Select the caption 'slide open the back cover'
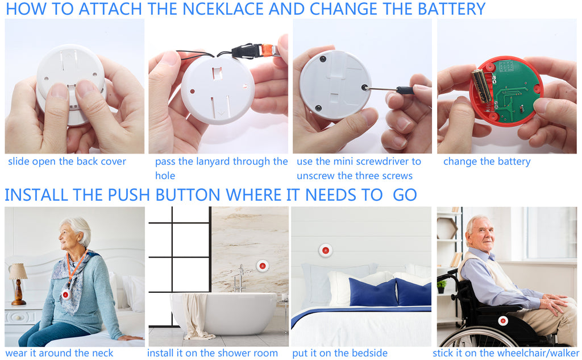[x=67, y=162]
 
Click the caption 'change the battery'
[x=487, y=162]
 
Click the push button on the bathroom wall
[x=262, y=266]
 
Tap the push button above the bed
[x=325, y=250]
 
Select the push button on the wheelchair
[x=502, y=321]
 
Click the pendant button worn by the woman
[x=66, y=293]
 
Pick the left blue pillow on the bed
[x=373, y=293]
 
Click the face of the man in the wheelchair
[x=480, y=234]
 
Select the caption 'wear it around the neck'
[x=60, y=353]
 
